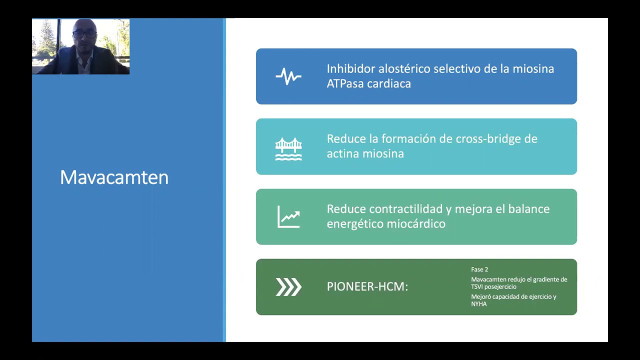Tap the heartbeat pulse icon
[288, 76]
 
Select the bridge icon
[288, 148]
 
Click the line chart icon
[288, 217]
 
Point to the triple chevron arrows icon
[288, 287]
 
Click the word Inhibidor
[350, 69]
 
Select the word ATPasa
[345, 84]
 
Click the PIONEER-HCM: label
[367, 287]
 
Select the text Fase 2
[479, 269]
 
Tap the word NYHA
[478, 304]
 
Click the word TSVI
[478, 287]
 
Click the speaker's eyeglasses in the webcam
[84, 34]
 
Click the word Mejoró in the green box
[481, 297]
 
